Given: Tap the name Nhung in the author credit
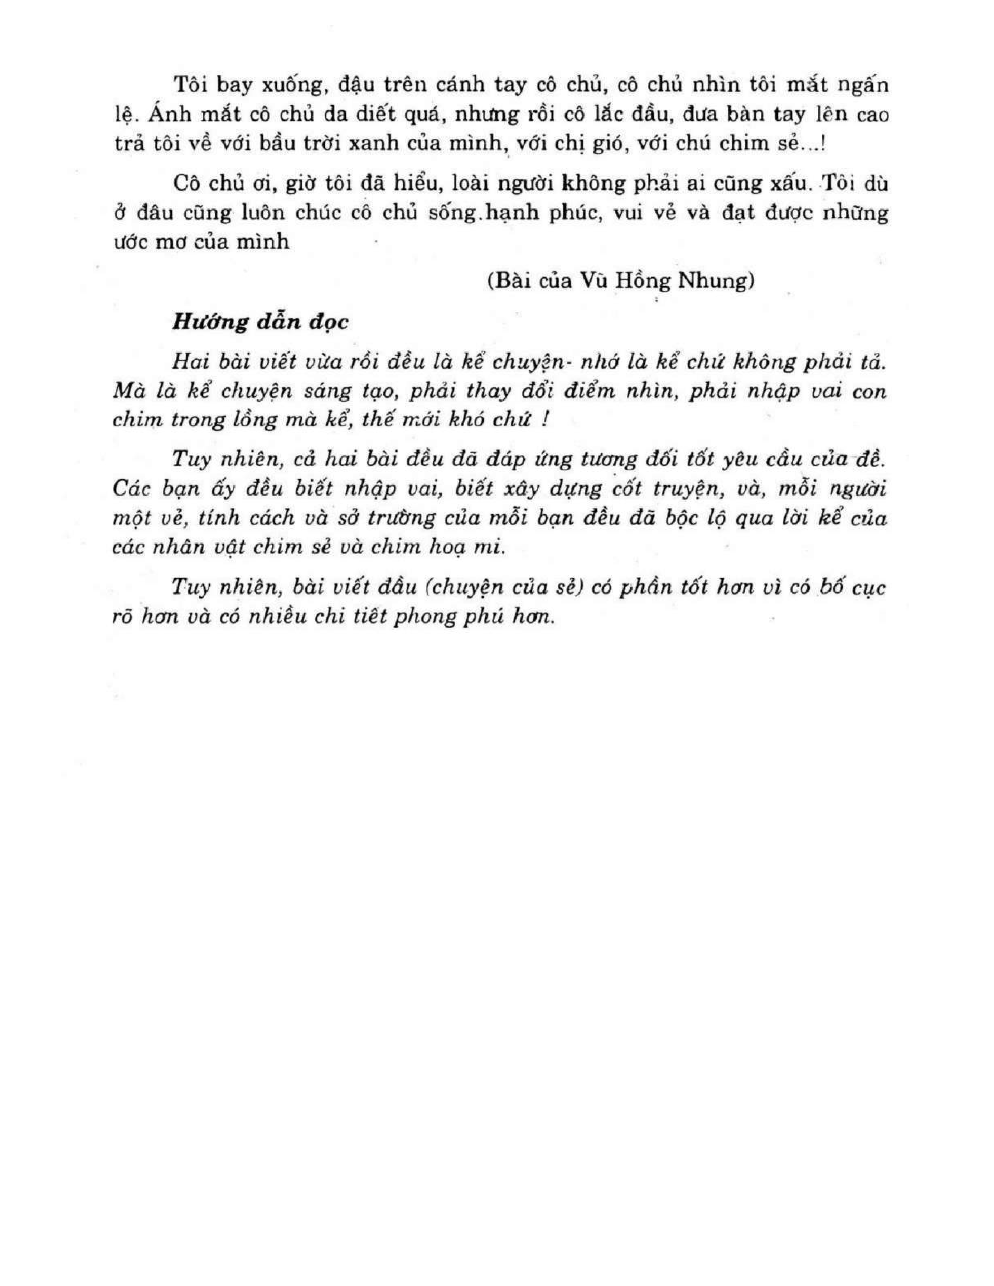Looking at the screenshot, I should (715, 281).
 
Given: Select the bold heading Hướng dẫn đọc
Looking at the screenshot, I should (260, 322).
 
